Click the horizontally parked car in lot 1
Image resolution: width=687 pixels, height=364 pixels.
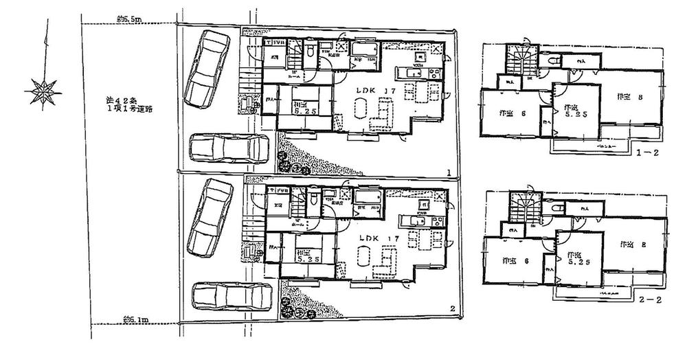228,148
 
